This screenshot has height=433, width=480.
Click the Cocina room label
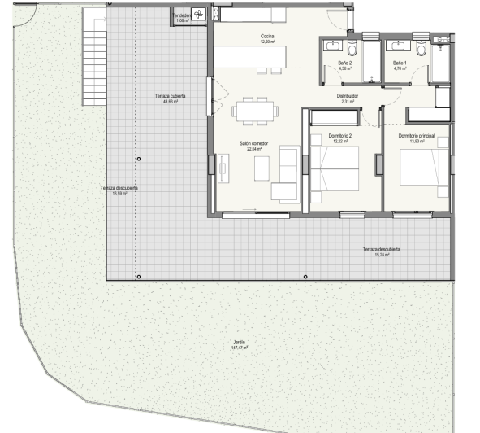266,37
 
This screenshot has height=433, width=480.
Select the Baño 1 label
399,63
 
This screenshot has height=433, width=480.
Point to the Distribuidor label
348,95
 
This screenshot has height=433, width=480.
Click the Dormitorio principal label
417,135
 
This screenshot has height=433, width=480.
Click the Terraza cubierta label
171,96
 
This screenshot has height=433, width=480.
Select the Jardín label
240,343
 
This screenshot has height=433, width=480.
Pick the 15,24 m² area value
382,255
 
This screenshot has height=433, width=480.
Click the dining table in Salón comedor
253,111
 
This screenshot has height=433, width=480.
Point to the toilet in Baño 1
417,50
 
